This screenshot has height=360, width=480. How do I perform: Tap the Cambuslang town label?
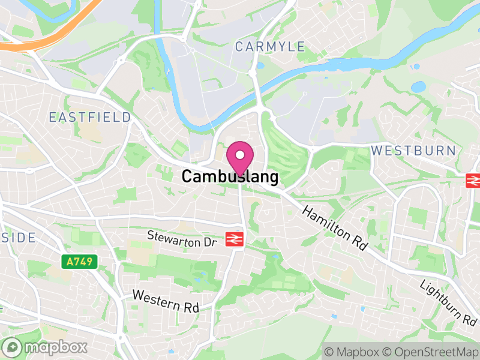230,177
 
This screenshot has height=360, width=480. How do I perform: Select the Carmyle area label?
270,47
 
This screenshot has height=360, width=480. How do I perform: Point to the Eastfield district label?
90,117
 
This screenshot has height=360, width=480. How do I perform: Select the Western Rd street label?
166,301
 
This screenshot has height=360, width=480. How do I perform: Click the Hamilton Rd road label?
335,229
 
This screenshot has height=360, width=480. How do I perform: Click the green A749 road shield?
79,262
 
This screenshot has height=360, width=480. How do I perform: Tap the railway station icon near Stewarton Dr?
235,239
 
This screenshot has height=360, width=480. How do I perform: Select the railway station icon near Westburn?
473,180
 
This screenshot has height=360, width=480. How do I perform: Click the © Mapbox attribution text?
354,351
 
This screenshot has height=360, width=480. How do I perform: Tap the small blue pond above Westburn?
418,86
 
